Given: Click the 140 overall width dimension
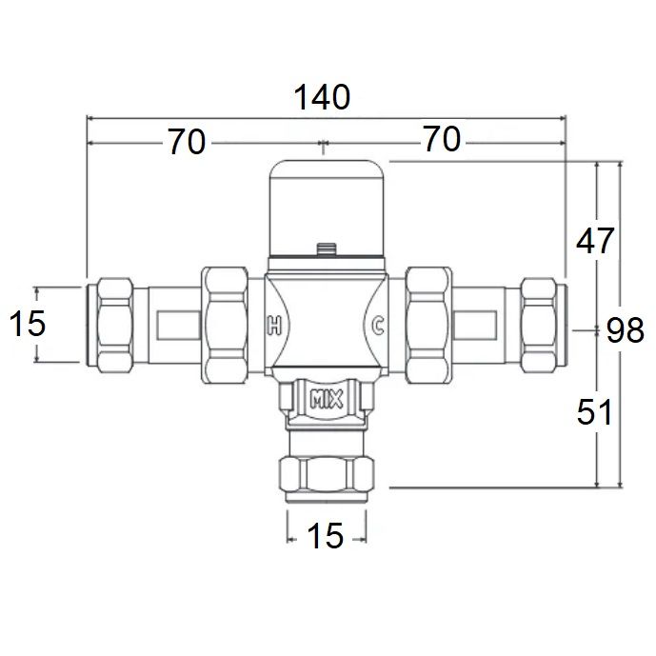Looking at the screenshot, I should (321, 97).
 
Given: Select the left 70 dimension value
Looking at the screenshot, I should (187, 142).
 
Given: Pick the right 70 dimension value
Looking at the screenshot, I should (442, 141).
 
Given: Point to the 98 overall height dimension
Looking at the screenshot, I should (626, 330).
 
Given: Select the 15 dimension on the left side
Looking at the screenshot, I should (28, 325).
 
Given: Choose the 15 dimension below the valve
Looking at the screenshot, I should (326, 537).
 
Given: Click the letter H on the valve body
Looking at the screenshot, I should (274, 326).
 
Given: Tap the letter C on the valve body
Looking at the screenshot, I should (377, 326).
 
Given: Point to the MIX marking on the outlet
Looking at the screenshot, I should (326, 399).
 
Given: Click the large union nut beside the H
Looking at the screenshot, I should (225, 325).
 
